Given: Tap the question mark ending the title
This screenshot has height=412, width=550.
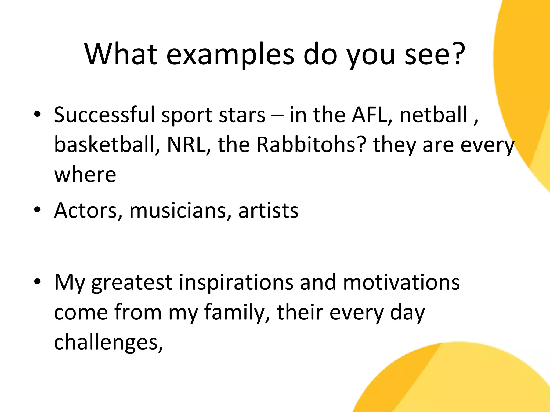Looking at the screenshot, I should [x=455, y=52].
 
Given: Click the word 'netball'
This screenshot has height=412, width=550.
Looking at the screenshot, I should [x=433, y=115].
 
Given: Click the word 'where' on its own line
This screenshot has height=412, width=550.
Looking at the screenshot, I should [x=85, y=175].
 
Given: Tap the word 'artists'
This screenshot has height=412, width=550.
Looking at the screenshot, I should [x=268, y=211].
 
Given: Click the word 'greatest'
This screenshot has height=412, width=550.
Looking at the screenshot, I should [x=132, y=283].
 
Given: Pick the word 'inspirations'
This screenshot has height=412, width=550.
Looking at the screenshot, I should [x=236, y=283].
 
